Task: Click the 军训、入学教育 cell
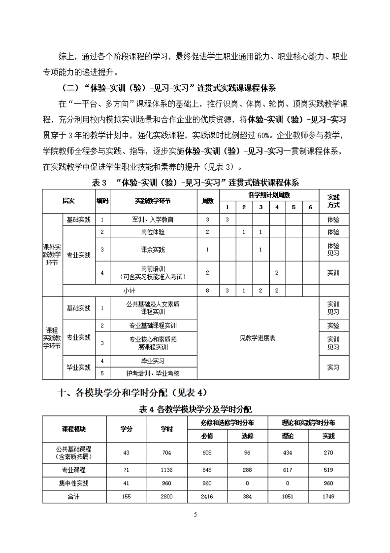click(153, 219)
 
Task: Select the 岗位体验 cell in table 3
click(153, 232)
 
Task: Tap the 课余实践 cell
click(153, 250)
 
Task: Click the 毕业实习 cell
click(153, 361)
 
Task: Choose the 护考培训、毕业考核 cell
click(153, 373)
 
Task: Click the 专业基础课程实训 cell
click(153, 326)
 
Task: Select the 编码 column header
click(102, 201)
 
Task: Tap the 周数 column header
click(208, 201)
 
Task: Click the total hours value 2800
click(167, 497)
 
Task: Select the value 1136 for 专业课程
click(167, 470)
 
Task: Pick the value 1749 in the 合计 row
click(328, 497)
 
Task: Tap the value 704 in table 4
click(167, 452)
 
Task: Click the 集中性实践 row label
click(74, 483)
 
